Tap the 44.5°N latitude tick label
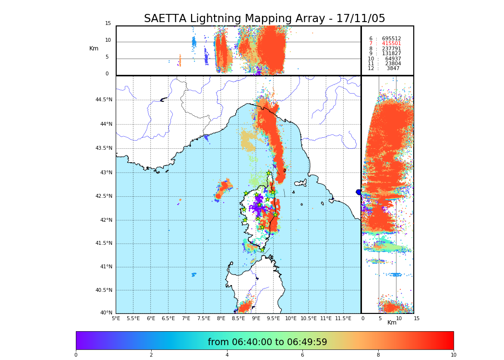104,100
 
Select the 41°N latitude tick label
106,267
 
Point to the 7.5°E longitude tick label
204,318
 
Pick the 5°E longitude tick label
116,318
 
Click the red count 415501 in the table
391,44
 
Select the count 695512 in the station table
391,39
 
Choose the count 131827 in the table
391,54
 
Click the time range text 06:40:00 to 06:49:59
267,342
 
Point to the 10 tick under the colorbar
453,355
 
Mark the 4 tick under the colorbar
227,355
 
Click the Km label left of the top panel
94,48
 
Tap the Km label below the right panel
392,323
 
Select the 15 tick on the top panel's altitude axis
108,24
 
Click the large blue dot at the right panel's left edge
359,192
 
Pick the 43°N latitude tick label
106,173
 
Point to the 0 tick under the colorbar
76,355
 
